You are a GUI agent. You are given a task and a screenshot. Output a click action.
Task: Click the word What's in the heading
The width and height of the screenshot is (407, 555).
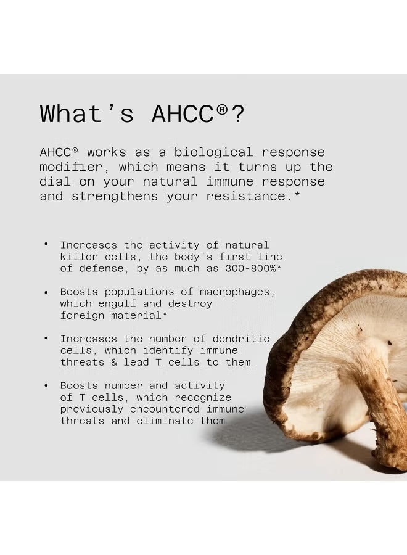point(86,114)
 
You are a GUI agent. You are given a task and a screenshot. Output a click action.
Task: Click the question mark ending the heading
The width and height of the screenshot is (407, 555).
point(237,114)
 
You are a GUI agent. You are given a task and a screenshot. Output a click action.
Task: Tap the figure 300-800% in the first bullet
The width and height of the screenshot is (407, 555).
point(241,269)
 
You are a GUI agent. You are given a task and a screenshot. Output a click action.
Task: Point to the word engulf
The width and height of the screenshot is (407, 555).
point(119,304)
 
